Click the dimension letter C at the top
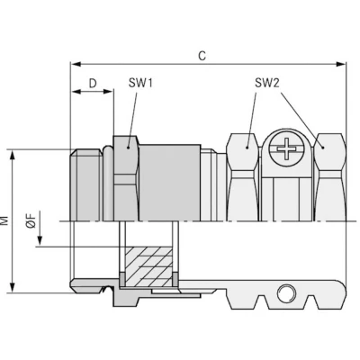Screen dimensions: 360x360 (202, 56)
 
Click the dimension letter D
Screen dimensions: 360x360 (93, 83)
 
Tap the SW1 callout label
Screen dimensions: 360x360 (140, 83)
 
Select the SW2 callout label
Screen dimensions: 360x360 (267, 83)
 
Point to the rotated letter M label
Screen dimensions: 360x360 (4, 220)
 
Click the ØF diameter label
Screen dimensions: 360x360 (31, 220)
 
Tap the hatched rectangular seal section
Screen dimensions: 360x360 (148, 266)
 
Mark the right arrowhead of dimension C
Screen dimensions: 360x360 (341, 64)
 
